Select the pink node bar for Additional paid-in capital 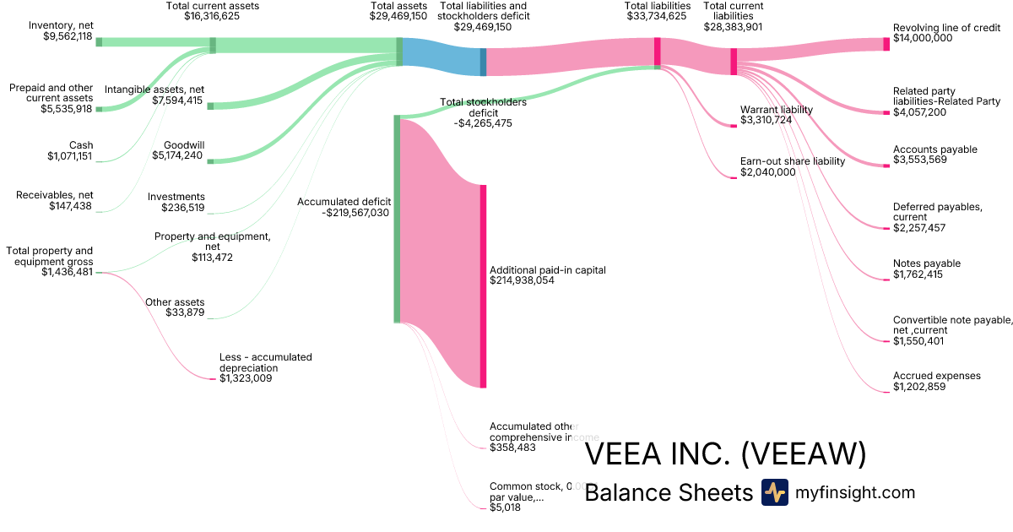pyautogui.click(x=483, y=286)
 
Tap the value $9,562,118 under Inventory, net pyautogui.click(x=67, y=36)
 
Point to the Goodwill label pyautogui.click(x=184, y=144)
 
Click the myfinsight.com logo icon pyautogui.click(x=774, y=492)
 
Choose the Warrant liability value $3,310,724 pyautogui.click(x=766, y=120)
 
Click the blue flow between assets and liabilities pyautogui.click(x=441, y=52)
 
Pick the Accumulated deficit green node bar pyautogui.click(x=397, y=219)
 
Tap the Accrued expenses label pyautogui.click(x=936, y=376)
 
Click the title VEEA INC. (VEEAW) pyautogui.click(x=725, y=454)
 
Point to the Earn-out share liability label pyautogui.click(x=792, y=161)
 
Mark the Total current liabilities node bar pyautogui.click(x=734, y=62)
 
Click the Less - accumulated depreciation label pyautogui.click(x=265, y=362)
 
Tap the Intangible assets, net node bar pyautogui.click(x=210, y=106)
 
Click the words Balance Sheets pyautogui.click(x=668, y=492)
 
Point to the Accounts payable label pyautogui.click(x=934, y=149)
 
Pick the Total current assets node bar pyautogui.click(x=213, y=46)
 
